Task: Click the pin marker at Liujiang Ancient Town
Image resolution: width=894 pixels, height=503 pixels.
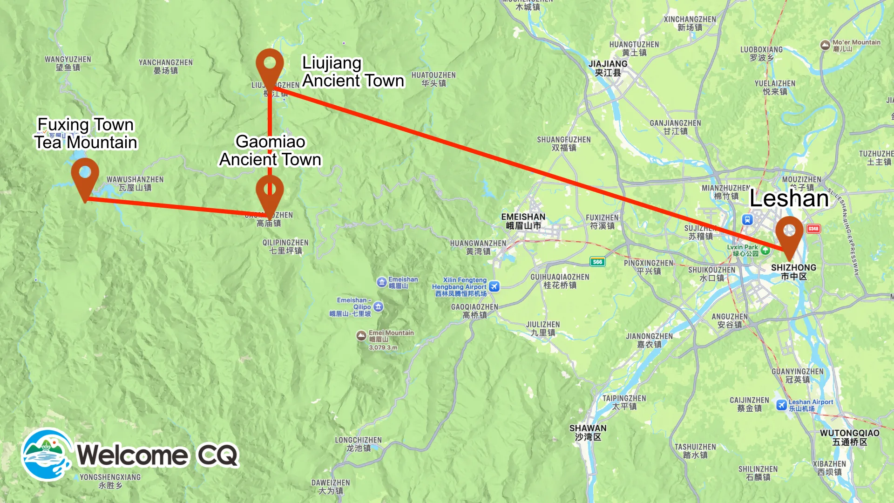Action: (x=270, y=65)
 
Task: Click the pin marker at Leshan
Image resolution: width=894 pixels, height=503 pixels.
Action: (x=789, y=232)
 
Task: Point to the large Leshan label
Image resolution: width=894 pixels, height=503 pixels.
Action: (x=789, y=199)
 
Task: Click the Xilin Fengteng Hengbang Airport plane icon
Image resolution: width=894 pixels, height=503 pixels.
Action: (x=494, y=286)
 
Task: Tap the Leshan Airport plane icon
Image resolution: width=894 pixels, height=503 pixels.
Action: (x=781, y=405)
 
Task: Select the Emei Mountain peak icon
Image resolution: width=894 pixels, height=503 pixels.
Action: (x=361, y=335)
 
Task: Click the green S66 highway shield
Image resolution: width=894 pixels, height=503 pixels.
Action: (x=597, y=262)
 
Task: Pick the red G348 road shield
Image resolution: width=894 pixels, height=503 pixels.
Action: (x=813, y=229)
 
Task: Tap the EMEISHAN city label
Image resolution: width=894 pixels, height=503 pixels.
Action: (x=523, y=221)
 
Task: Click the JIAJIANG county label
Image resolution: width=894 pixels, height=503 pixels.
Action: (x=608, y=68)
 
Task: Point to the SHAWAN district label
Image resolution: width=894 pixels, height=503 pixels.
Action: (x=588, y=432)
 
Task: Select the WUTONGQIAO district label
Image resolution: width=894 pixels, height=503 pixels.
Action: (x=849, y=437)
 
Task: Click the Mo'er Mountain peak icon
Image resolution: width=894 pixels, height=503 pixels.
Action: (x=825, y=45)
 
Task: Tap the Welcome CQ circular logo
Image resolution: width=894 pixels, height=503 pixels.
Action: (x=47, y=455)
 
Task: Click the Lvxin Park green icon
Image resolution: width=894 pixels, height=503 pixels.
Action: (x=765, y=250)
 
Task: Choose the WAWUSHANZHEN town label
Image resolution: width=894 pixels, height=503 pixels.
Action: (x=135, y=184)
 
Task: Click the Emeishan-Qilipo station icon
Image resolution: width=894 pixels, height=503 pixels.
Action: (x=379, y=306)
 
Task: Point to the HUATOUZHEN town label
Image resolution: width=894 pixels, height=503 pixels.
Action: (x=433, y=79)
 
